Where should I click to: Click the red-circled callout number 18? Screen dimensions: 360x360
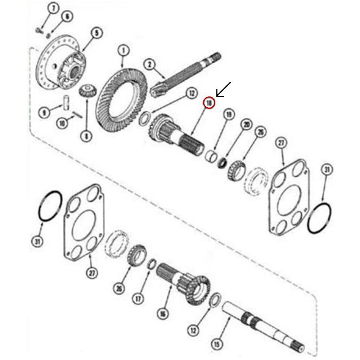click(x=209, y=103)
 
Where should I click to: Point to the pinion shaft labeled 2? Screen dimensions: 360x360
click(x=187, y=74)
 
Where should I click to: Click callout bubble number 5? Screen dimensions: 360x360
click(x=96, y=33)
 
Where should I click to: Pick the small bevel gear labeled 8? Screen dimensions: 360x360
click(x=85, y=90)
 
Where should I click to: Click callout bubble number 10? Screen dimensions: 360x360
click(x=63, y=123)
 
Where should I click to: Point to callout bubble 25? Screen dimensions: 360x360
click(x=260, y=132)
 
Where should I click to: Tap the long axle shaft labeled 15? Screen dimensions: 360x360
click(x=263, y=326)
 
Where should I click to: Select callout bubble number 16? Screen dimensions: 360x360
click(x=163, y=314)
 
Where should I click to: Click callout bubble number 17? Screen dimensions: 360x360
click(x=139, y=298)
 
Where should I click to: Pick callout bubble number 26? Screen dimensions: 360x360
click(x=120, y=288)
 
